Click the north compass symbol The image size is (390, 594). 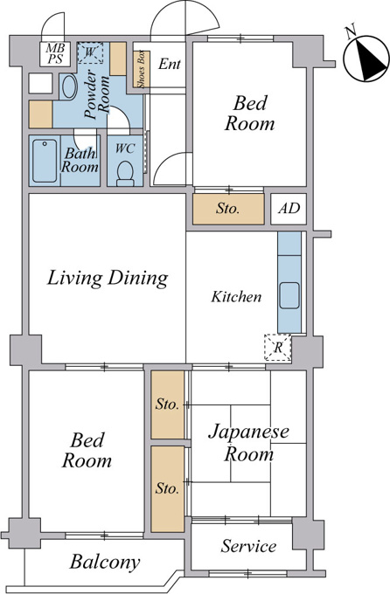pos(366,59)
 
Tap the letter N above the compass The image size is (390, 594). pos(351,31)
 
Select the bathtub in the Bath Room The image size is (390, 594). pos(45,161)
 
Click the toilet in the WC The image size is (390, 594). pos(125,174)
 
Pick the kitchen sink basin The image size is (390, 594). pos(289,295)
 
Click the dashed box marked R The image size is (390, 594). pos(278,348)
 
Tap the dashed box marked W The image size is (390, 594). pos(90,52)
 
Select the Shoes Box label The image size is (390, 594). pos(142,70)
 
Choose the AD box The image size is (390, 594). pos(289,209)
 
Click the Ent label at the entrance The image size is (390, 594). pos(169,64)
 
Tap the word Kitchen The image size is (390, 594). pos(236,296)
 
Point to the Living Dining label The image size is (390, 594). pos(108,278)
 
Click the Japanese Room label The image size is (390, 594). pos(248,443)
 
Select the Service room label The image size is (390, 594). pos(248,546)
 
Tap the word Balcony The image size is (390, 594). pos(105,562)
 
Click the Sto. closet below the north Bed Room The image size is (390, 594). pos(228,209)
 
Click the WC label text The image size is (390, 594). pos(125,148)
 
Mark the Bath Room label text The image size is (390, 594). pos(80,160)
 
